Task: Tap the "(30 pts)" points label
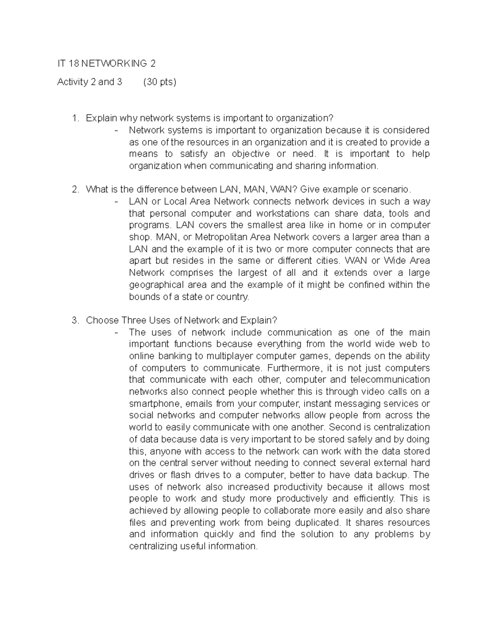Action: (160, 82)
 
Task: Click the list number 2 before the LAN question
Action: (74, 190)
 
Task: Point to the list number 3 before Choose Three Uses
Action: (74, 320)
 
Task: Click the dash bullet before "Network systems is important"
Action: (117, 131)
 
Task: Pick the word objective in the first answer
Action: (251, 154)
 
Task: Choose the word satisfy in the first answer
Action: (194, 154)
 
